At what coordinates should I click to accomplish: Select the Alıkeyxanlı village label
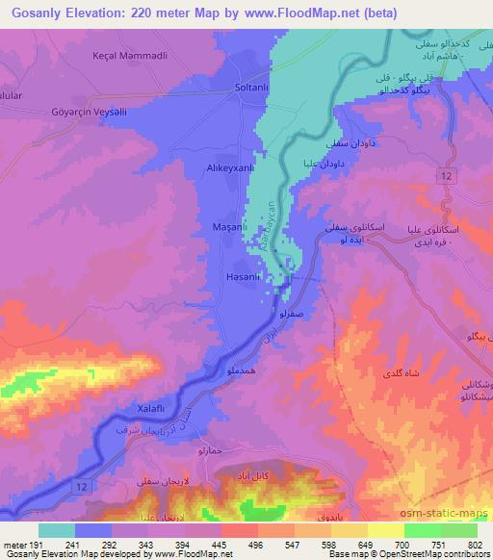click(x=230, y=167)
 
